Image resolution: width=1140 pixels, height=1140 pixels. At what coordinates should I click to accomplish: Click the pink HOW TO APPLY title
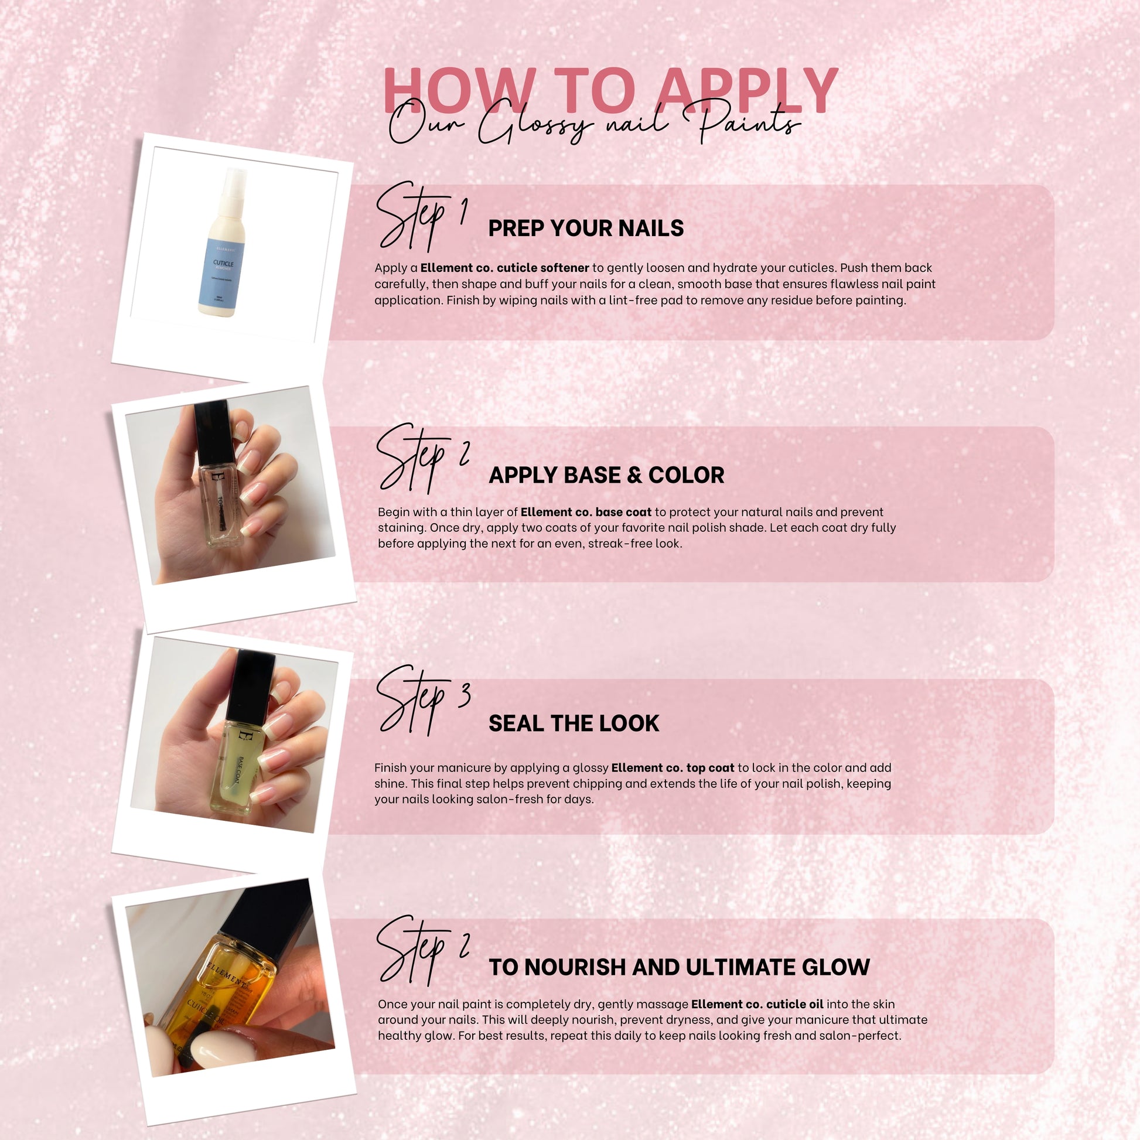coord(610,90)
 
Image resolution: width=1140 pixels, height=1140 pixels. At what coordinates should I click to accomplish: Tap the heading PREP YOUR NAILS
coord(585,228)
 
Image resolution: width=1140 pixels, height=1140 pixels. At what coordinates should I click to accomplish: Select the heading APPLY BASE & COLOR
coord(606,475)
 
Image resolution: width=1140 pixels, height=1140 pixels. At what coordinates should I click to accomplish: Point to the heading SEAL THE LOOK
coord(574,723)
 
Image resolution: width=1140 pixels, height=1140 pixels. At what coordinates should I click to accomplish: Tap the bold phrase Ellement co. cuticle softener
coord(504,268)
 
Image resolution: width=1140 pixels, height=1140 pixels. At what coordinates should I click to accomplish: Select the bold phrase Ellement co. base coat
coord(586,512)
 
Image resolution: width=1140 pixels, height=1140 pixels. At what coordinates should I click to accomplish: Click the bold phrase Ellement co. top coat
coord(673,767)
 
